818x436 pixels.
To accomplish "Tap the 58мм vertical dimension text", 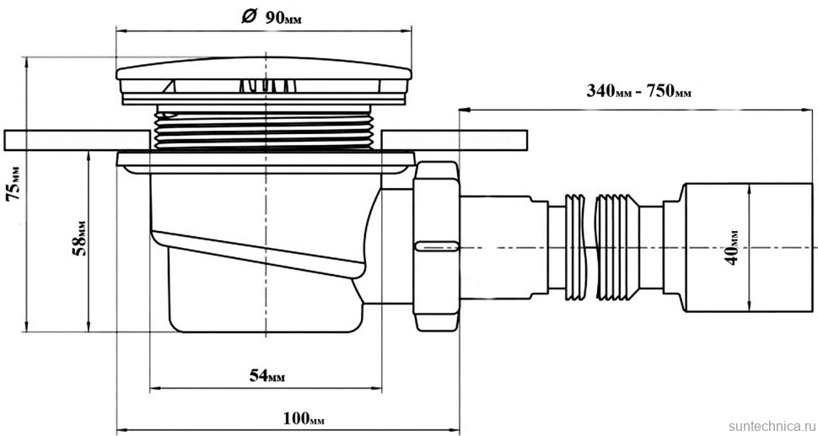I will tap(78, 239).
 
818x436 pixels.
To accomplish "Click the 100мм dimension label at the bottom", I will tap(303, 418).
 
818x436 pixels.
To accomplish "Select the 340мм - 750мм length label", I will tap(638, 91).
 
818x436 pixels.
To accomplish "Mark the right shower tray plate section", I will tap(455, 138).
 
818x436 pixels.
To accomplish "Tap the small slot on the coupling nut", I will tap(436, 246).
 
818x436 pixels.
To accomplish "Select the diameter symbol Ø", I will tap(249, 18).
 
